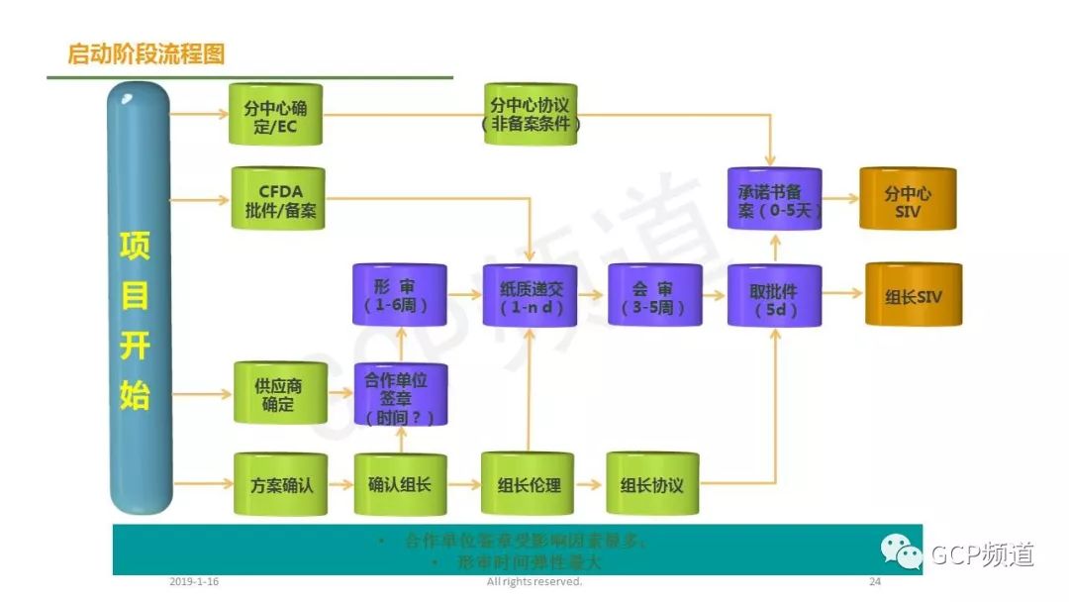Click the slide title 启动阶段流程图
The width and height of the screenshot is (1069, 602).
click(146, 53)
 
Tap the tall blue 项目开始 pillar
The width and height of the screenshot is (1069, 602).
click(138, 297)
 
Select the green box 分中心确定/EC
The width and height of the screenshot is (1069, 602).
click(275, 116)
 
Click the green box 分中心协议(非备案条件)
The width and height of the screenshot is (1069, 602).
click(531, 115)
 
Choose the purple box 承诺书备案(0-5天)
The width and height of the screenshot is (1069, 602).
click(774, 200)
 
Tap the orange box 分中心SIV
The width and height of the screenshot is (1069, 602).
click(908, 200)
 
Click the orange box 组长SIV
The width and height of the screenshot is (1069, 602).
click(914, 294)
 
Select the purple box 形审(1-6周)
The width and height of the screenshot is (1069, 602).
click(400, 295)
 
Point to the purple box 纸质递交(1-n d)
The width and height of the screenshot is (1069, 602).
click(530, 295)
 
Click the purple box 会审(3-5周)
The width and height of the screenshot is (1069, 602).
click(654, 295)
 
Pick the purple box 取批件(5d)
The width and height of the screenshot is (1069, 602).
click(774, 295)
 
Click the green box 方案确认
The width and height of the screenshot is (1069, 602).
click(280, 485)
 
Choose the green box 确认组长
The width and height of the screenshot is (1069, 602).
click(400, 485)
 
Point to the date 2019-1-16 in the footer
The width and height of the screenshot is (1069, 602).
click(194, 582)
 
